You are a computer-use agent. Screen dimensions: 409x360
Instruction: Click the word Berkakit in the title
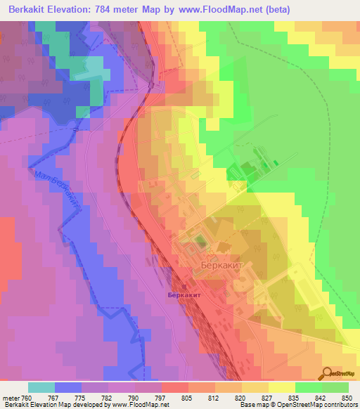33,11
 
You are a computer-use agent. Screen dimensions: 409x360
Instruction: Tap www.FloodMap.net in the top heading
221,11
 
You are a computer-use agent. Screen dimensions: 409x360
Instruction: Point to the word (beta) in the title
275,11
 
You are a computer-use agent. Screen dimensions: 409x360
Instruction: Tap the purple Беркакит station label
185,295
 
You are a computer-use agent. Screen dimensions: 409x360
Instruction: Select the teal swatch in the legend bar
41,387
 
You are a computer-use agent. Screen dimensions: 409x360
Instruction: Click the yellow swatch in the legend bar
281,387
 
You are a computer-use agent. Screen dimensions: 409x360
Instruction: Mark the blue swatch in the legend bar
68,387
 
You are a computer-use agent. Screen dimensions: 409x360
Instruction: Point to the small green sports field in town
200,242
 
